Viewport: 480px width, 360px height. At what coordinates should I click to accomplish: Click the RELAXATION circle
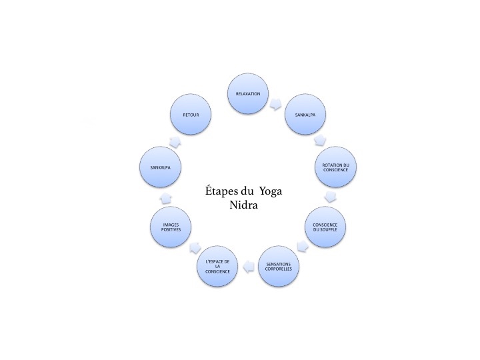pos(248,94)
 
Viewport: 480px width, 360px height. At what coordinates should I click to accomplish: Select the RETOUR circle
pos(191,115)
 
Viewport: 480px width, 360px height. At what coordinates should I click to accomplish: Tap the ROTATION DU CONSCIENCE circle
pos(335,167)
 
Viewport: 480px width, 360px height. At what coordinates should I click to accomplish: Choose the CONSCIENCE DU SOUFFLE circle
pos(325,227)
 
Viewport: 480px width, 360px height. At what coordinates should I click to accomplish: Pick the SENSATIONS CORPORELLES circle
pos(279,266)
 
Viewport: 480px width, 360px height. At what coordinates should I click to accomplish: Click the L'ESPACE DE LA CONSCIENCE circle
pos(217,266)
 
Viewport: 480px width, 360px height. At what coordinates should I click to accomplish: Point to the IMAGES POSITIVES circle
pos(171,227)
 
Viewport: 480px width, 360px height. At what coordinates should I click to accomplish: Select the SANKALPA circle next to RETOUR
pos(160,167)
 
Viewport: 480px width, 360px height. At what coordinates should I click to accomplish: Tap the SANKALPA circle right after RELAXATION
pos(305,115)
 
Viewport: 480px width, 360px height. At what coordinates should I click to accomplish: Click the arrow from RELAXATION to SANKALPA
pos(276,104)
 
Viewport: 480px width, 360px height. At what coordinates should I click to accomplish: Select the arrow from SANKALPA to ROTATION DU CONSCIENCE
pos(320,140)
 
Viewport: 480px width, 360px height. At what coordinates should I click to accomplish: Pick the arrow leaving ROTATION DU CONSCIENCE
pos(330,197)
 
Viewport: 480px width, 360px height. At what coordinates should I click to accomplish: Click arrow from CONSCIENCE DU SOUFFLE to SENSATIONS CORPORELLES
pos(303,246)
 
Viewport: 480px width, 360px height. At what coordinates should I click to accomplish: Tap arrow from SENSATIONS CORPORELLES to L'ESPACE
pos(249,266)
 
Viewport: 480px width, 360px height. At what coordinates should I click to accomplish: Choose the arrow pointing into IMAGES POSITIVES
pos(195,247)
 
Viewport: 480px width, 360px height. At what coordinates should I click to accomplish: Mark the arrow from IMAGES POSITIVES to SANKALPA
pos(166,198)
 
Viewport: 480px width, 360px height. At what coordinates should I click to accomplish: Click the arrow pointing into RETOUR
pos(175,141)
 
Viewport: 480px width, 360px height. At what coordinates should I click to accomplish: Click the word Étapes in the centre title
pos(221,191)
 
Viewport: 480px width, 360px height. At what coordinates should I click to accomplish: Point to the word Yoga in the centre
pos(271,192)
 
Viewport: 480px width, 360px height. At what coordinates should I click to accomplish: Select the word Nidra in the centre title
pos(244,205)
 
